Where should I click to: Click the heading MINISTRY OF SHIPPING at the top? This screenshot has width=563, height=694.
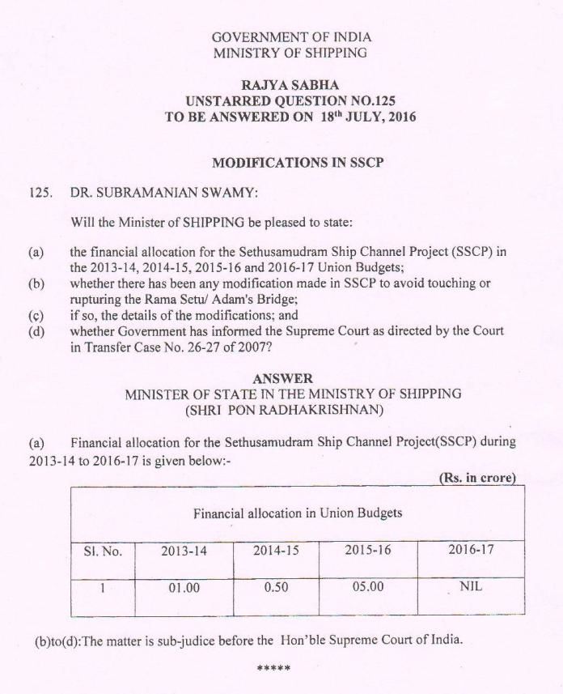[290, 53]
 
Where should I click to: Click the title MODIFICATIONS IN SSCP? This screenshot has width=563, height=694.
[297, 162]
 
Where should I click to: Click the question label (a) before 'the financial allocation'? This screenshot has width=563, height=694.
[36, 252]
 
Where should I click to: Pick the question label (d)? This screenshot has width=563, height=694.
[36, 330]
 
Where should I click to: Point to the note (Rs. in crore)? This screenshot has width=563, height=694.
[477, 477]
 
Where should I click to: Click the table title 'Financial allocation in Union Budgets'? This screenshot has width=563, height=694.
[297, 513]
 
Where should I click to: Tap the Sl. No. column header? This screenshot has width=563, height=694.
[103, 551]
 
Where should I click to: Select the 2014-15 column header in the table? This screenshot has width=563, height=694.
[276, 551]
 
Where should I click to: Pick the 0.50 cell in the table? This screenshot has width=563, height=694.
[276, 587]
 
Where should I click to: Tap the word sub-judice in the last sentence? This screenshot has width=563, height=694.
[191, 640]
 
